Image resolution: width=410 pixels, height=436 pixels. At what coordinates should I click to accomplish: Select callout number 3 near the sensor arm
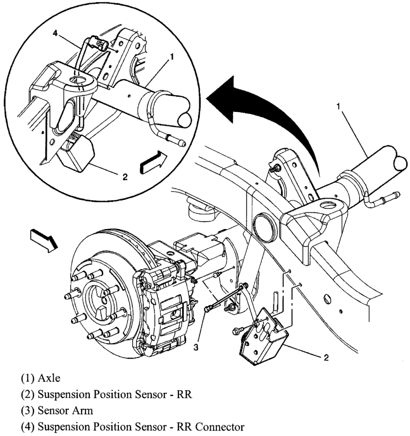[x=196, y=347]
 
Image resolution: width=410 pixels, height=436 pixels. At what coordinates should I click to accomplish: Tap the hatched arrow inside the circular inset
[x=153, y=162]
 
